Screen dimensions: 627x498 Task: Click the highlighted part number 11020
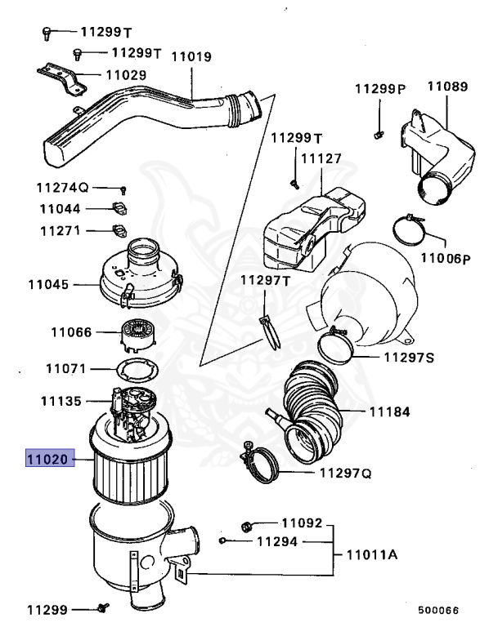[x=50, y=460]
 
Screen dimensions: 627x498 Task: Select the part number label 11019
[x=191, y=57]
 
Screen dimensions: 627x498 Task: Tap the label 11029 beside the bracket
[x=125, y=75]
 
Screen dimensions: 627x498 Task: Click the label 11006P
[x=446, y=259]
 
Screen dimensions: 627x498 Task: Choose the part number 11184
[x=389, y=412]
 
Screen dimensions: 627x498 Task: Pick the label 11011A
[x=371, y=554]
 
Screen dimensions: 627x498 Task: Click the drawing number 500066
[x=438, y=609]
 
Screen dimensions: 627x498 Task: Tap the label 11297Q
[x=345, y=473]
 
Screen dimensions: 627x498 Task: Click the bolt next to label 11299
[x=103, y=607]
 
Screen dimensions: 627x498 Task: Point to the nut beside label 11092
[x=248, y=524]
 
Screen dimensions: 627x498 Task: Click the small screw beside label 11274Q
[x=123, y=189]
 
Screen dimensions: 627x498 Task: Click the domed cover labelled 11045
[x=139, y=278]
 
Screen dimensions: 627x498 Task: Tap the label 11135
[x=61, y=402]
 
